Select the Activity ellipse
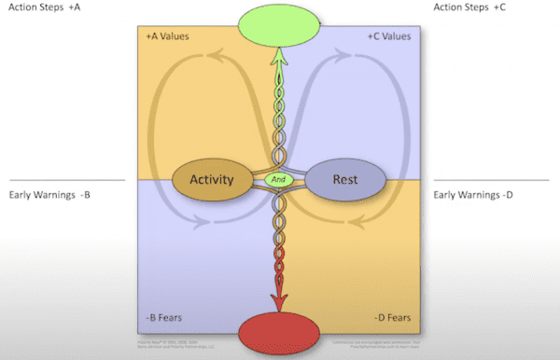(x=211, y=178)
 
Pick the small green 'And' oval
(x=278, y=178)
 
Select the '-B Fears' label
(x=164, y=318)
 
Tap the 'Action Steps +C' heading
(x=471, y=7)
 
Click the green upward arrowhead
(x=278, y=57)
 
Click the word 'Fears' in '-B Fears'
(x=171, y=318)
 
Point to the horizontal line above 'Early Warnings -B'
(x=65, y=179)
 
